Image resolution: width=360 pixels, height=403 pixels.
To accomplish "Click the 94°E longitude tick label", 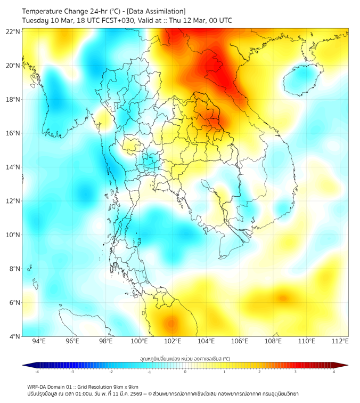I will (39, 342).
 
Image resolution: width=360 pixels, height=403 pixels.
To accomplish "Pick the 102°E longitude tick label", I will (173, 342).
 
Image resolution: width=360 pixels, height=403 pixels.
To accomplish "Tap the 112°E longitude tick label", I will (340, 342).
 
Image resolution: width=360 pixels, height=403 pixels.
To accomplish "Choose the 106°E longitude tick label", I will (240, 342).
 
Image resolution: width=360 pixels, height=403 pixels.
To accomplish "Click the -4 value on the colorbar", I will (37, 372).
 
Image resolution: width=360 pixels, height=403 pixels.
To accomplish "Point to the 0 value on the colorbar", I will (185, 372).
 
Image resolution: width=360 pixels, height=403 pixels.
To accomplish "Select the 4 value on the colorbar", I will (333, 372).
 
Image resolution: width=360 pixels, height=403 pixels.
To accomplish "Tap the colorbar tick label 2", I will (259, 372).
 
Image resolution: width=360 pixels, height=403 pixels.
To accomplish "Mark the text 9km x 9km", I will (124, 386).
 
